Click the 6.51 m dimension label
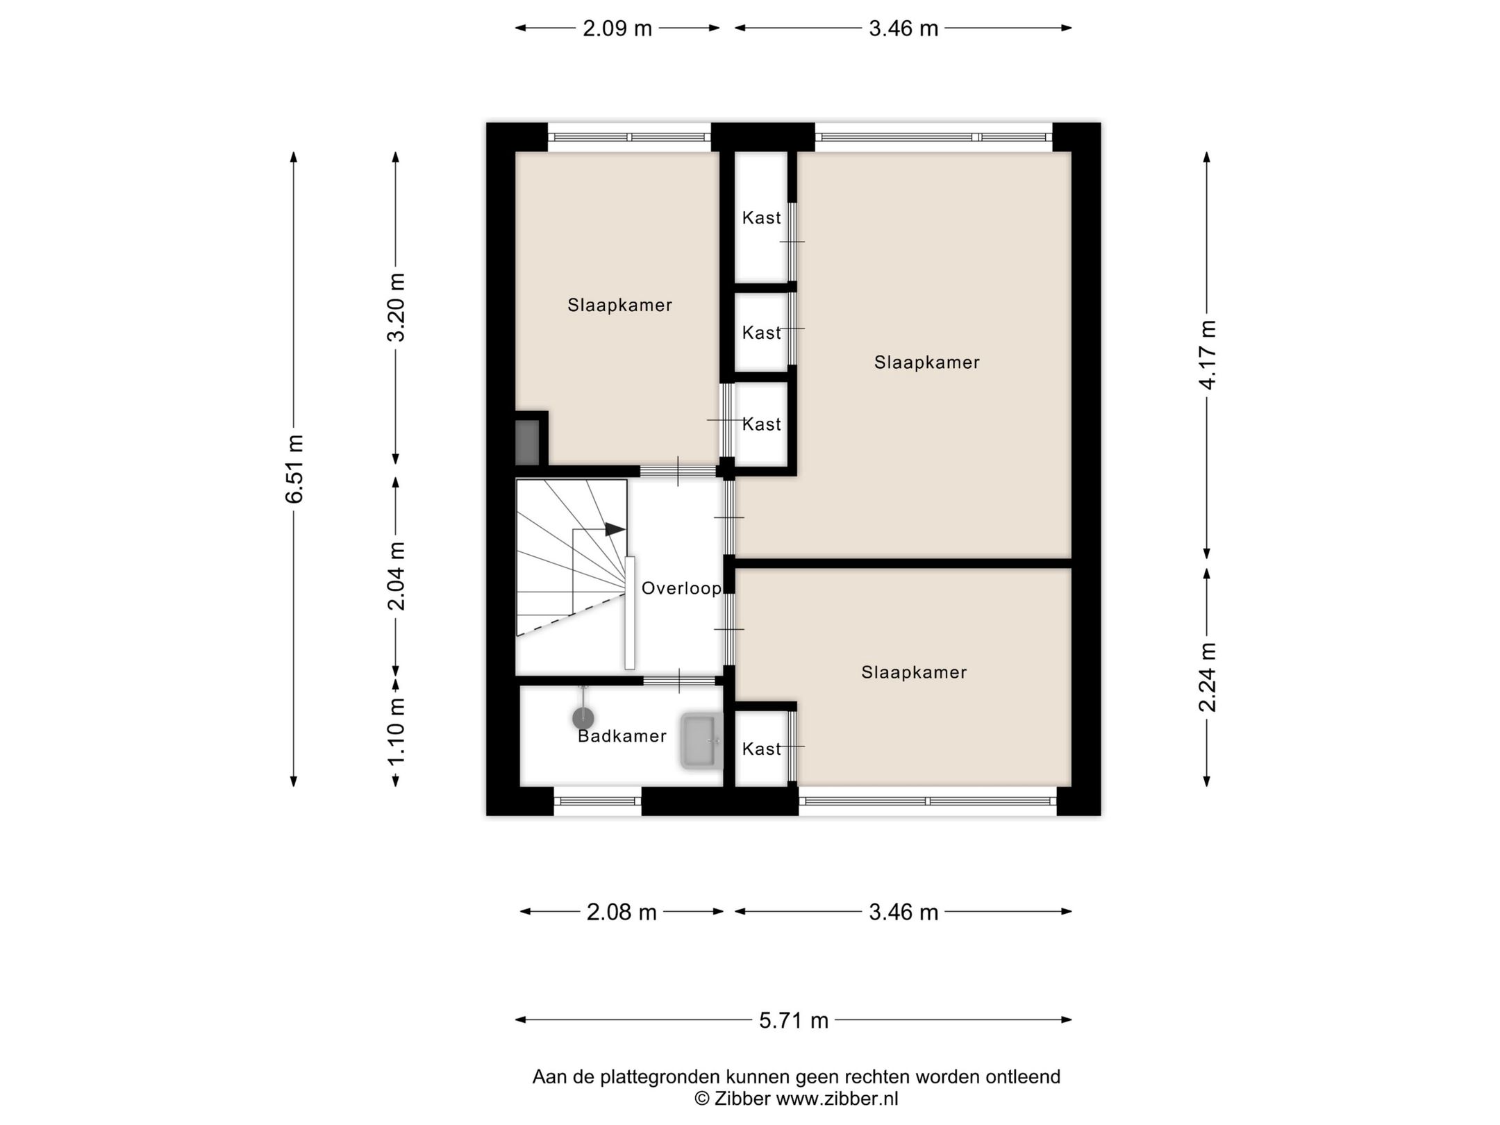pyautogui.click(x=294, y=469)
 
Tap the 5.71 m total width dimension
pyautogui.click(x=794, y=1020)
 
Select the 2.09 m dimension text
pyautogui.click(x=617, y=28)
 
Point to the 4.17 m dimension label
pyautogui.click(x=1208, y=355)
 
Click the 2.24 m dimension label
pyautogui.click(x=1208, y=677)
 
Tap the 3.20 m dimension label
pyautogui.click(x=397, y=308)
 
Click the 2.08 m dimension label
pyautogui.click(x=622, y=912)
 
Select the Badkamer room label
pyautogui.click(x=622, y=736)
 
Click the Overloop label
pyautogui.click(x=681, y=589)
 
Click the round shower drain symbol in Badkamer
pyautogui.click(x=583, y=718)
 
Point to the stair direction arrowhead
pyautogui.click(x=615, y=529)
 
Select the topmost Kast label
pyautogui.click(x=762, y=218)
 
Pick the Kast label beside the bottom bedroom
pyautogui.click(x=762, y=749)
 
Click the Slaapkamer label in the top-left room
pyautogui.click(x=620, y=306)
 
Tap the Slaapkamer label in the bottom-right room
pyautogui.click(x=914, y=672)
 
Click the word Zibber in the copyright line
pyautogui.click(x=742, y=1099)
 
